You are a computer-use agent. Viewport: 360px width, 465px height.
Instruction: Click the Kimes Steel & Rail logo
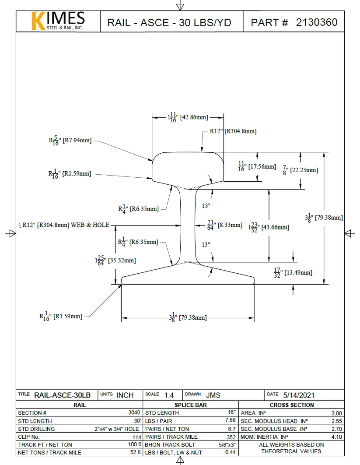(58, 21)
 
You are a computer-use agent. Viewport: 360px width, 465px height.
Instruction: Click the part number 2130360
(317, 22)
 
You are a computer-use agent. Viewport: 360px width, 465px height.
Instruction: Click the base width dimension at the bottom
(187, 317)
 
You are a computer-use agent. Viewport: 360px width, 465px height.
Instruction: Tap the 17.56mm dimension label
(257, 166)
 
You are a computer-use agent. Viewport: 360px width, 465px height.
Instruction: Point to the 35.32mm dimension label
(115, 260)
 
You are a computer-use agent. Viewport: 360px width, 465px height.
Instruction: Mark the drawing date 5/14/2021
(299, 395)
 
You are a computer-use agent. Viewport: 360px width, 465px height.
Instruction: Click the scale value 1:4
(169, 395)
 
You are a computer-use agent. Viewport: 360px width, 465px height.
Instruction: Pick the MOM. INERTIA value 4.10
(336, 437)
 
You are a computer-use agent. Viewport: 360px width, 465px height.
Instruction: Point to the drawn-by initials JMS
(213, 395)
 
